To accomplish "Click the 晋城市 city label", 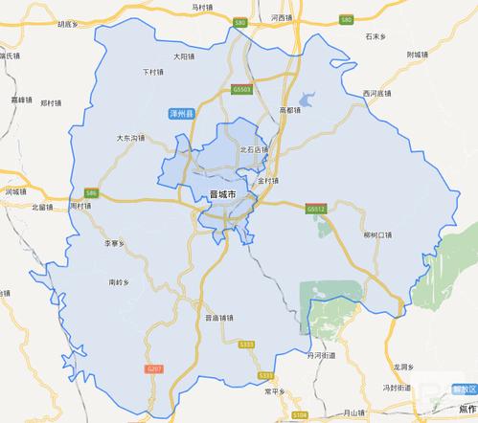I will (x=222, y=195).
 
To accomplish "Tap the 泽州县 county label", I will (x=182, y=114).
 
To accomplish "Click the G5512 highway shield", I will (x=316, y=207).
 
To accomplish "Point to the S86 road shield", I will (x=91, y=193).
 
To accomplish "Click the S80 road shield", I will (x=239, y=21).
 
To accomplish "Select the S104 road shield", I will (x=300, y=414).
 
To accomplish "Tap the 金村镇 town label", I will (x=268, y=180).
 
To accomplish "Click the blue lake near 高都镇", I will (x=308, y=98).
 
